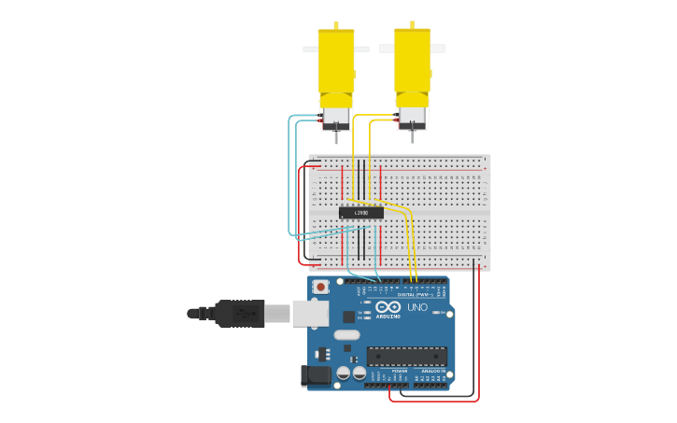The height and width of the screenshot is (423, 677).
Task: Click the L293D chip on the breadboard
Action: click(x=360, y=213)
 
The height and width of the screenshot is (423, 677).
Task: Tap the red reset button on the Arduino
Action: click(x=320, y=287)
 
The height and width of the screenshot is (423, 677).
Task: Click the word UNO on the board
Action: click(x=417, y=307)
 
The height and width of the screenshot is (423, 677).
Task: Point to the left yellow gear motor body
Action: click(x=336, y=63)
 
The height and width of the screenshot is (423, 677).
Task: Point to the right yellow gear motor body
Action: click(x=412, y=62)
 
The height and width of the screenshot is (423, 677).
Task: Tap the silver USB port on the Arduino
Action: click(x=310, y=313)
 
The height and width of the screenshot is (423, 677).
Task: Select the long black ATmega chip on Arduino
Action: click(x=406, y=356)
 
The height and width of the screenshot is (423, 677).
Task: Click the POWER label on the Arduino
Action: click(x=399, y=371)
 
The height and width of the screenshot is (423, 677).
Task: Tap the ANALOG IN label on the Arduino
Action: click(x=433, y=371)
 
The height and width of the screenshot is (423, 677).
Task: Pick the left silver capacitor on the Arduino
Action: click(x=344, y=373)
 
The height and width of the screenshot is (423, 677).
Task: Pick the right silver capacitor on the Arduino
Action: click(x=360, y=373)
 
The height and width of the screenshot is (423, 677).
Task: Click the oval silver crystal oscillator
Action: click(x=346, y=334)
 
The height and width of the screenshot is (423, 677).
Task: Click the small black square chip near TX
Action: click(x=348, y=317)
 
